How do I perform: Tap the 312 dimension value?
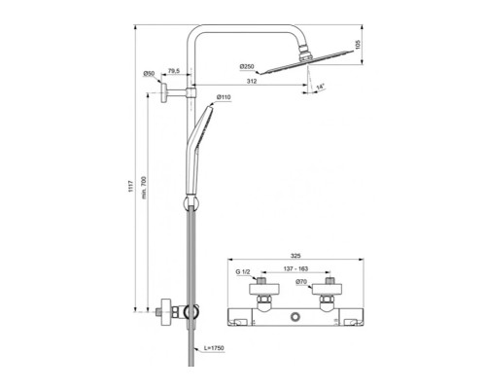click(251, 82)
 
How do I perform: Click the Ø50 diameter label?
click(150, 74)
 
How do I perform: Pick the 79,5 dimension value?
click(173, 70)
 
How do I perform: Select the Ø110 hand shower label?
click(223, 97)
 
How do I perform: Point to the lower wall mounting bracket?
click(167, 312)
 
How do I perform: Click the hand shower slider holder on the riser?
click(191, 203)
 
